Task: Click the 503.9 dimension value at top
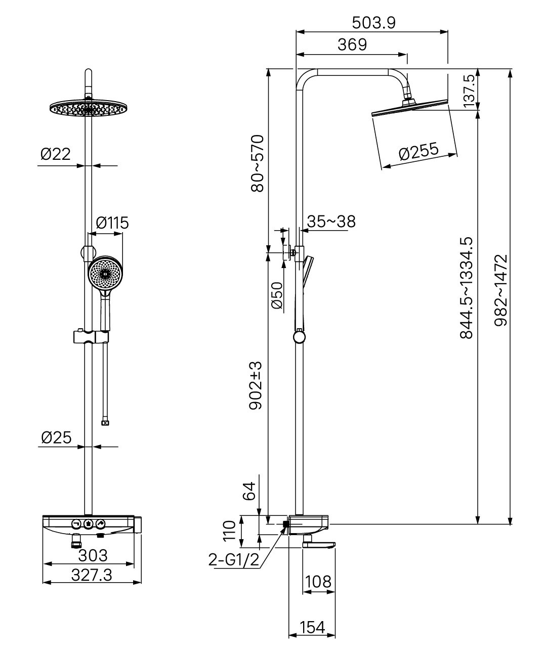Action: [x=373, y=23]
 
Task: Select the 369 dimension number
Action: [x=352, y=45]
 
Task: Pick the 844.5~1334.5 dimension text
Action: [x=467, y=288]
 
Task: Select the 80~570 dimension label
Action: [x=257, y=163]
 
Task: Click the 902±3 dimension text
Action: [x=256, y=385]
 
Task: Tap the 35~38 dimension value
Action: [x=331, y=222]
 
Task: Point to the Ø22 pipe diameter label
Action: [x=56, y=154]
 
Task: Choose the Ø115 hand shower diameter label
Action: [x=112, y=223]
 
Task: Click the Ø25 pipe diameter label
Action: [x=56, y=438]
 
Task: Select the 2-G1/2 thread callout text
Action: [x=234, y=559]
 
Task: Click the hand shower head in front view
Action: [x=105, y=273]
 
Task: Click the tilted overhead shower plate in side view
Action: [x=409, y=108]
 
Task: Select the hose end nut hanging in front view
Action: [x=105, y=423]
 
